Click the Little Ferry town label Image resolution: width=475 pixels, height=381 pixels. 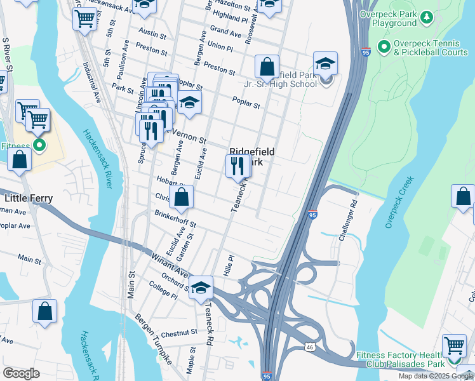(x=29, y=198)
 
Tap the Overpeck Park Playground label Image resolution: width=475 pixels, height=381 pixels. (x=389, y=18)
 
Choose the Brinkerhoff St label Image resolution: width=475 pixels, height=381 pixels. (x=175, y=219)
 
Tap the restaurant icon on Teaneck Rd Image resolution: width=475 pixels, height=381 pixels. (x=238, y=166)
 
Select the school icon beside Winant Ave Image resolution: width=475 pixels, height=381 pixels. (x=201, y=288)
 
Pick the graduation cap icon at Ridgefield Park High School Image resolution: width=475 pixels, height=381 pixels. (x=325, y=63)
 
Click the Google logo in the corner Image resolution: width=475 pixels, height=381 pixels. (x=21, y=373)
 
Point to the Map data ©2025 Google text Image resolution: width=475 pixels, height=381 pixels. (x=436, y=376)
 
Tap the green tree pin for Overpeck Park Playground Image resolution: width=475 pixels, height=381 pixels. (x=427, y=15)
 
